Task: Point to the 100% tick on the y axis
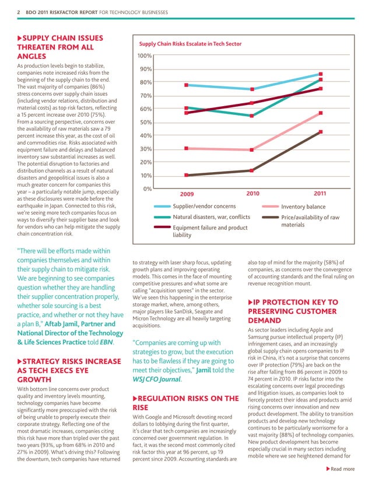point(144,56)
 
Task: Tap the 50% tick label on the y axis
point(146,123)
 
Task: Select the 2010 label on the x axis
point(252,193)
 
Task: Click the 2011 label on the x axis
point(320,193)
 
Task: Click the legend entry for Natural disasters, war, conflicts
point(211,218)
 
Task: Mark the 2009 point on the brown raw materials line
point(186,175)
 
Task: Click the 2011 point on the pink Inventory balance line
point(321,113)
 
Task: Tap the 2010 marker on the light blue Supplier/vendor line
point(252,89)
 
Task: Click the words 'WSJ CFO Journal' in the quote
point(158,366)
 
